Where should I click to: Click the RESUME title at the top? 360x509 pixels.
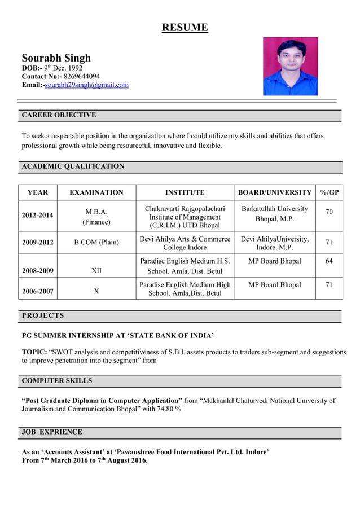185,27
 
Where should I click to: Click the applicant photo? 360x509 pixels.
290,67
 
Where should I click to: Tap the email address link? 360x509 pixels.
86,85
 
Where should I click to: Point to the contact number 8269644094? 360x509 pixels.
82,76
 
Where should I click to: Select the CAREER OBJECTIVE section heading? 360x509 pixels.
59,115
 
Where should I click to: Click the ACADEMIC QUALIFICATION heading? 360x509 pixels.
73,166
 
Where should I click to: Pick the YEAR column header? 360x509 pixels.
38,192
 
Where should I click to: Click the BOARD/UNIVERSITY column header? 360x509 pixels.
274,192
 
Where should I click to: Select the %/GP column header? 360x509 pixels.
329,192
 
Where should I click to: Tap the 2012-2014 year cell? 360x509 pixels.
38,216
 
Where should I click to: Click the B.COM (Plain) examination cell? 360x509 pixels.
96,243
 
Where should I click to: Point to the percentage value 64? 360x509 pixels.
329,261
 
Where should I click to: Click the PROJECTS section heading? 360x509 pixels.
43,316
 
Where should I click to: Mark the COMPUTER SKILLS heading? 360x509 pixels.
56,381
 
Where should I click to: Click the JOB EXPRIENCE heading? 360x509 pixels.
52,432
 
